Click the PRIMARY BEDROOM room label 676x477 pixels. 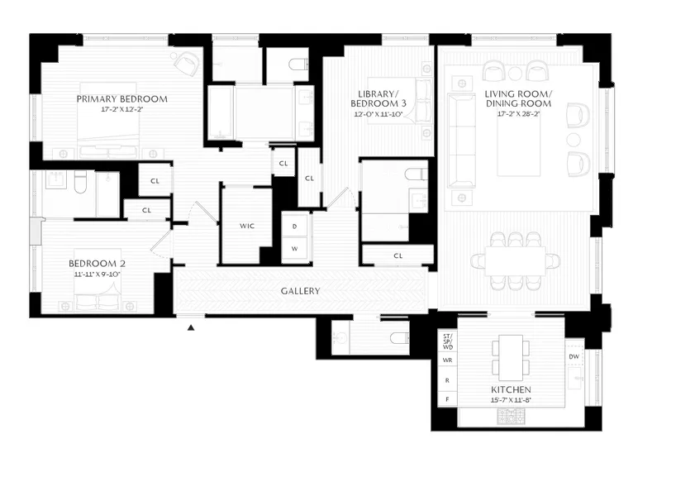121,98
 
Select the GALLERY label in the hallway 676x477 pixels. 300,291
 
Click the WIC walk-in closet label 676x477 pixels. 246,226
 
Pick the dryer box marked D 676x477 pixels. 294,225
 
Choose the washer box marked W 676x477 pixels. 294,247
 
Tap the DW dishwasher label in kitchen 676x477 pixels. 574,356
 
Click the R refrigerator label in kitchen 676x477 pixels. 446,380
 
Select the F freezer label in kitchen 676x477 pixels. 446,399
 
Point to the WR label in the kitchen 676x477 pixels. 446,360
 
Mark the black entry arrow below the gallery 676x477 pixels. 191,328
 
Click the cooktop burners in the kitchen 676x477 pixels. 509,416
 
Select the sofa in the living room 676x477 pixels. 461,140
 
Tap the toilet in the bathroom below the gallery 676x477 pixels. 398,338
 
